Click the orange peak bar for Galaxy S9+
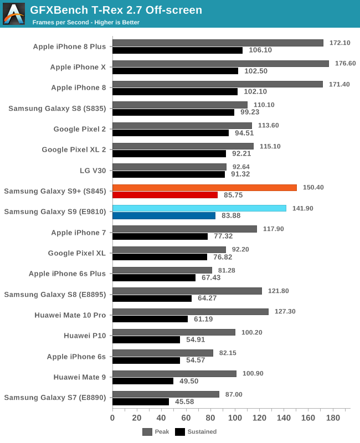(x=204, y=188)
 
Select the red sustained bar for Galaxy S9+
(x=165, y=195)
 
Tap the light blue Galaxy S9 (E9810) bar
(x=199, y=208)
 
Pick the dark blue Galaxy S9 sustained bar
(x=164, y=215)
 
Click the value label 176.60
(x=345, y=63)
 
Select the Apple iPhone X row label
(x=78, y=67)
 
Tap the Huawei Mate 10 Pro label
(x=70, y=315)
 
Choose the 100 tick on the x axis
(x=235, y=418)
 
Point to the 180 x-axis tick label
(x=333, y=418)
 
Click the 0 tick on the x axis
(x=112, y=418)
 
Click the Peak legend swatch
(x=147, y=432)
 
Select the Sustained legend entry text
(x=202, y=432)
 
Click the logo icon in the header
(x=14, y=14)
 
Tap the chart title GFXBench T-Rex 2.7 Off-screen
(x=116, y=10)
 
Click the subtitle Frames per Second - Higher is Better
(x=86, y=23)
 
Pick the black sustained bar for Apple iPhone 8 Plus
(x=177, y=50)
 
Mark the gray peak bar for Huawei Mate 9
(x=174, y=374)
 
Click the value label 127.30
(x=285, y=311)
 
